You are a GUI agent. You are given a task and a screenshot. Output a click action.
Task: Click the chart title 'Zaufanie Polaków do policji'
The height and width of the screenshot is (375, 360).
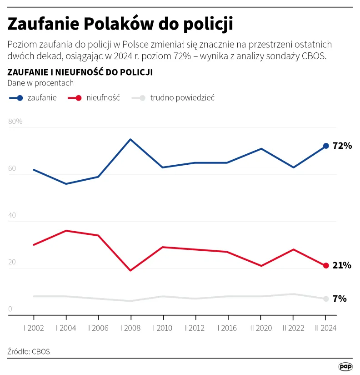coord(120,24)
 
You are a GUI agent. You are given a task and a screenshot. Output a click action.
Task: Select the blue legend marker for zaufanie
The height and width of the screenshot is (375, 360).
coord(19,98)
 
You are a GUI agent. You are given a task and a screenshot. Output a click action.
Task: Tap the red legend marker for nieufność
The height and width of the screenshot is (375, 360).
coord(78,98)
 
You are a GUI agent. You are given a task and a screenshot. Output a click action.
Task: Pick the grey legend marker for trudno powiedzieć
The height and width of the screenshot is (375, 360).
coord(142,98)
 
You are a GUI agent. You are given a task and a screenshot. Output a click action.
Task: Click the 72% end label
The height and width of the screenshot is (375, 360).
coord(342,146)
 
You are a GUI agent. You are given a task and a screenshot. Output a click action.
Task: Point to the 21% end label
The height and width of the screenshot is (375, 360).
coord(342,266)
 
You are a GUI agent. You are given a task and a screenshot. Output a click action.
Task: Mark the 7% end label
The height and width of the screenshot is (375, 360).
coord(340,299)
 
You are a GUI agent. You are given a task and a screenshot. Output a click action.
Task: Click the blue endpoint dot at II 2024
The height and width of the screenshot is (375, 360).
coord(325,146)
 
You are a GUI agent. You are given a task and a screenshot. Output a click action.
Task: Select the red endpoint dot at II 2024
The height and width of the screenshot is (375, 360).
coord(325,266)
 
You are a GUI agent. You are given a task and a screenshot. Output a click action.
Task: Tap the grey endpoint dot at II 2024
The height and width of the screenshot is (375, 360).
coord(325,299)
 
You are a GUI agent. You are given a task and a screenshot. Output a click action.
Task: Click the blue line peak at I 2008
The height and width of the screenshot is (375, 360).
coord(131,139)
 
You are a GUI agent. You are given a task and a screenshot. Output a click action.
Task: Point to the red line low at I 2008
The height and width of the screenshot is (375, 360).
coord(131,270)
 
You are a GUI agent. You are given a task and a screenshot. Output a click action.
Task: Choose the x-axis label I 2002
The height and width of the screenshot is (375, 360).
coord(34,328)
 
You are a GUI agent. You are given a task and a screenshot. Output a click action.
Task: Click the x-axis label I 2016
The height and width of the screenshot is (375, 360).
coord(228,328)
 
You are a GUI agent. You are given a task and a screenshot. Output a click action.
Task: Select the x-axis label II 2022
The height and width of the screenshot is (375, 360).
coord(293,328)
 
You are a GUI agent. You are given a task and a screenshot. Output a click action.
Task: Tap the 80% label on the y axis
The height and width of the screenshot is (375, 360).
coord(15,122)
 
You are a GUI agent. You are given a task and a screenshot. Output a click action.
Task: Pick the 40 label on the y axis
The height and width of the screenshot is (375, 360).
coord(12,215)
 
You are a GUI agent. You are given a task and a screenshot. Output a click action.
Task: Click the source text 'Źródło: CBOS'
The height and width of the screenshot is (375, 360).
coord(29,351)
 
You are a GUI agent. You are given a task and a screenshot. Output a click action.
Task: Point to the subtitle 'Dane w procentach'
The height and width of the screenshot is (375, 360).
coord(40,83)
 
